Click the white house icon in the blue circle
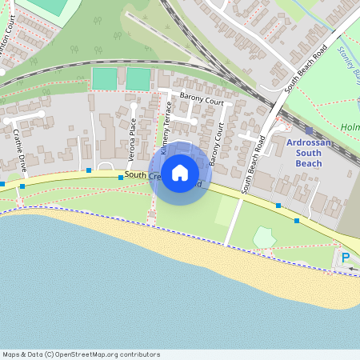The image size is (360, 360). pos(180,172)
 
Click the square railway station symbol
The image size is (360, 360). pos(309,130)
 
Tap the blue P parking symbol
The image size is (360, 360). pos(346,258)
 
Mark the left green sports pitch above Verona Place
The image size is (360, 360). pos(104,78)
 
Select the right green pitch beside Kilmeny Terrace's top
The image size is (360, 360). pos(138,78)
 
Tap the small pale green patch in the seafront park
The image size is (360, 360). pos(264,238)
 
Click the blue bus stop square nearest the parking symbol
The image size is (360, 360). pos(297,220)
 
